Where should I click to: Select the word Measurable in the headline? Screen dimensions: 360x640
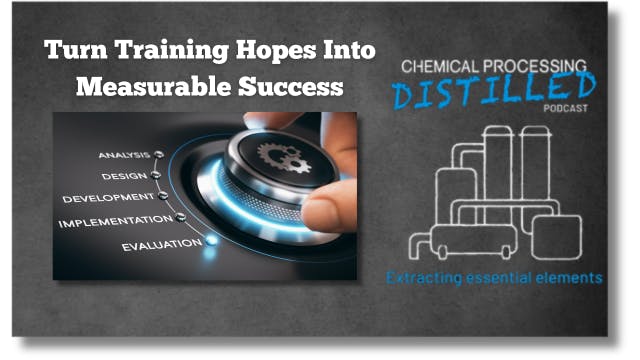point(141,86)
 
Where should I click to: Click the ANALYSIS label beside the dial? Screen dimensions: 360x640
point(124,155)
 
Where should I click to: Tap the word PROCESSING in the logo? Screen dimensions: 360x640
point(541,64)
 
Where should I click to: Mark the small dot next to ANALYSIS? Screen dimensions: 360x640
point(159,155)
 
